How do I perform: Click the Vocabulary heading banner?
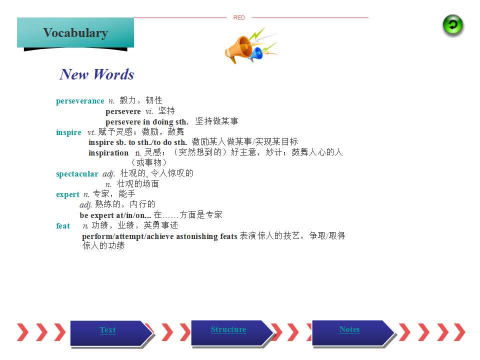[75, 33]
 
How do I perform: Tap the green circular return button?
[453, 25]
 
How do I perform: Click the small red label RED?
[239, 17]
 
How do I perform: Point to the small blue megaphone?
[256, 54]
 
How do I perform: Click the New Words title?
[96, 74]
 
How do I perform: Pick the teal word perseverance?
[80, 101]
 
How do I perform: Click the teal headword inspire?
[69, 132]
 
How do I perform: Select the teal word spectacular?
[77, 174]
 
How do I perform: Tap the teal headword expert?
[67, 194]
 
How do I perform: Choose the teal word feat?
[63, 226]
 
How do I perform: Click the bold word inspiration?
[108, 153]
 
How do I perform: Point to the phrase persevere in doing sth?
[147, 122]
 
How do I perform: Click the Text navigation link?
[108, 330]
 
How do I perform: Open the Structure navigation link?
[228, 329]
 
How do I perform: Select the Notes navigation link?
[349, 329]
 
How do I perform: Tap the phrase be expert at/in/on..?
[115, 215]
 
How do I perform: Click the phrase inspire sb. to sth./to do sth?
[138, 142]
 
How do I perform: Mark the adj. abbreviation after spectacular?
[108, 174]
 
